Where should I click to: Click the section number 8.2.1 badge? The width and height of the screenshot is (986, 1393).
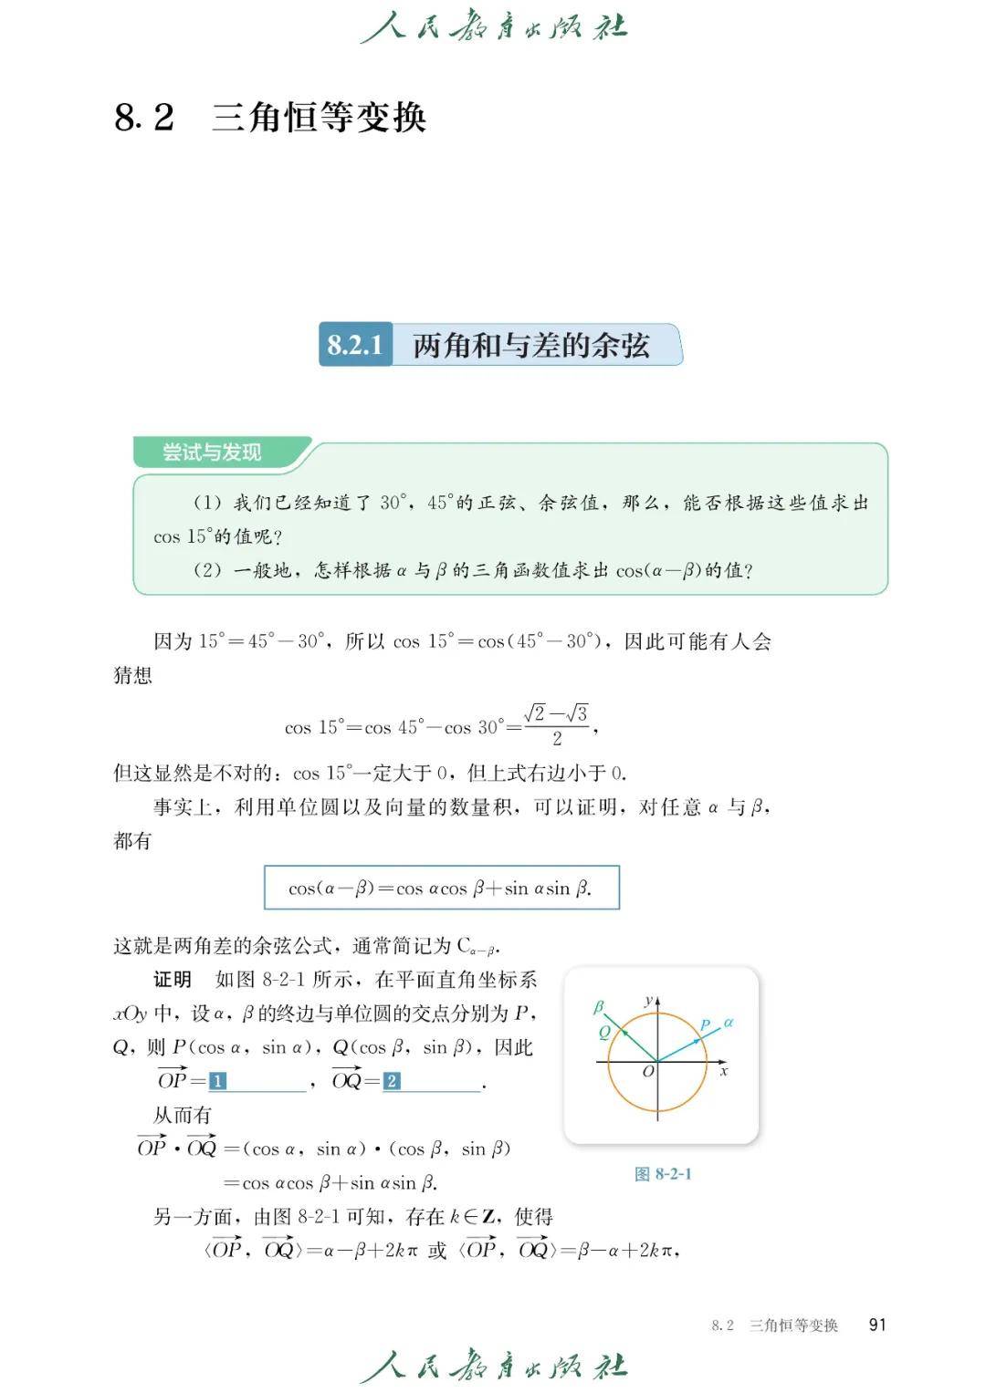tap(355, 345)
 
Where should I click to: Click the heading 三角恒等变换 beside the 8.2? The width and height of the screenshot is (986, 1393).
tap(319, 118)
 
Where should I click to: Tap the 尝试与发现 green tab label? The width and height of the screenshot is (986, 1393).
tap(212, 452)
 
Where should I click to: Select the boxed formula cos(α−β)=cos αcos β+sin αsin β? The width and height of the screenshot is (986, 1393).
tap(441, 888)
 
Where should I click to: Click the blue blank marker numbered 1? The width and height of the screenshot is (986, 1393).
tap(217, 1082)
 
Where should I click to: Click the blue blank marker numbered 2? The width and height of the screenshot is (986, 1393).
tap(391, 1082)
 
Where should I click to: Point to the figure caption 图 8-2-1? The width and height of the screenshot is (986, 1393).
tap(663, 1174)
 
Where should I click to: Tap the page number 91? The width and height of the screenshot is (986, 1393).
tap(877, 1325)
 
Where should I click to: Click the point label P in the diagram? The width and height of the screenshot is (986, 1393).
tap(705, 1025)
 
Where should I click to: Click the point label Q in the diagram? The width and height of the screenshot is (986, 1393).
tap(604, 1033)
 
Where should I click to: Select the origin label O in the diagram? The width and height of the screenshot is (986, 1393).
tap(647, 1072)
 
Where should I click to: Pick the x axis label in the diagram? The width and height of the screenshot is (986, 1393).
tap(724, 1071)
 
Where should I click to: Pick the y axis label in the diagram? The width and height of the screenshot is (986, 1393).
tap(648, 1001)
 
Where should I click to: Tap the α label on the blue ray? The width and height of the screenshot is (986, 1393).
tap(729, 1023)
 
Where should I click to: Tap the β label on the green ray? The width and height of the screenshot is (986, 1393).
tap(599, 1007)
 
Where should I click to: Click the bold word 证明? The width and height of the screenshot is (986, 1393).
tap(172, 980)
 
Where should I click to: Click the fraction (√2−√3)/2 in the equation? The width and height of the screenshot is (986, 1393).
tap(556, 725)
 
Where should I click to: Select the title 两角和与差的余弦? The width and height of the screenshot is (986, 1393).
tap(530, 345)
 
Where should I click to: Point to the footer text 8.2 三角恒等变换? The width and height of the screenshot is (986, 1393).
tap(774, 1325)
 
